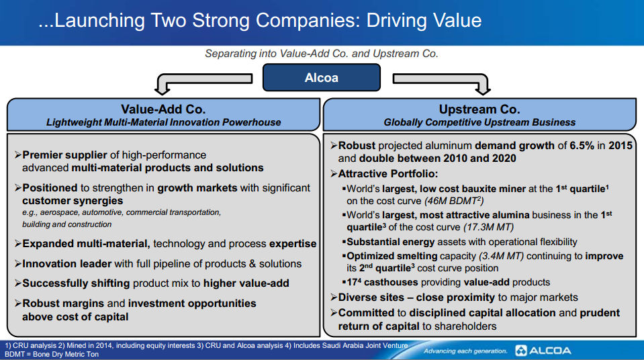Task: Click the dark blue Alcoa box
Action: coord(321,77)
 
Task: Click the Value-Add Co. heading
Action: coord(163,109)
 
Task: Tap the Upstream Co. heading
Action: coord(479,109)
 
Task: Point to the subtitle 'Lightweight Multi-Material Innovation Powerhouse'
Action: coord(163,122)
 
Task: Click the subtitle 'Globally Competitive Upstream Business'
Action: coord(479,122)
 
